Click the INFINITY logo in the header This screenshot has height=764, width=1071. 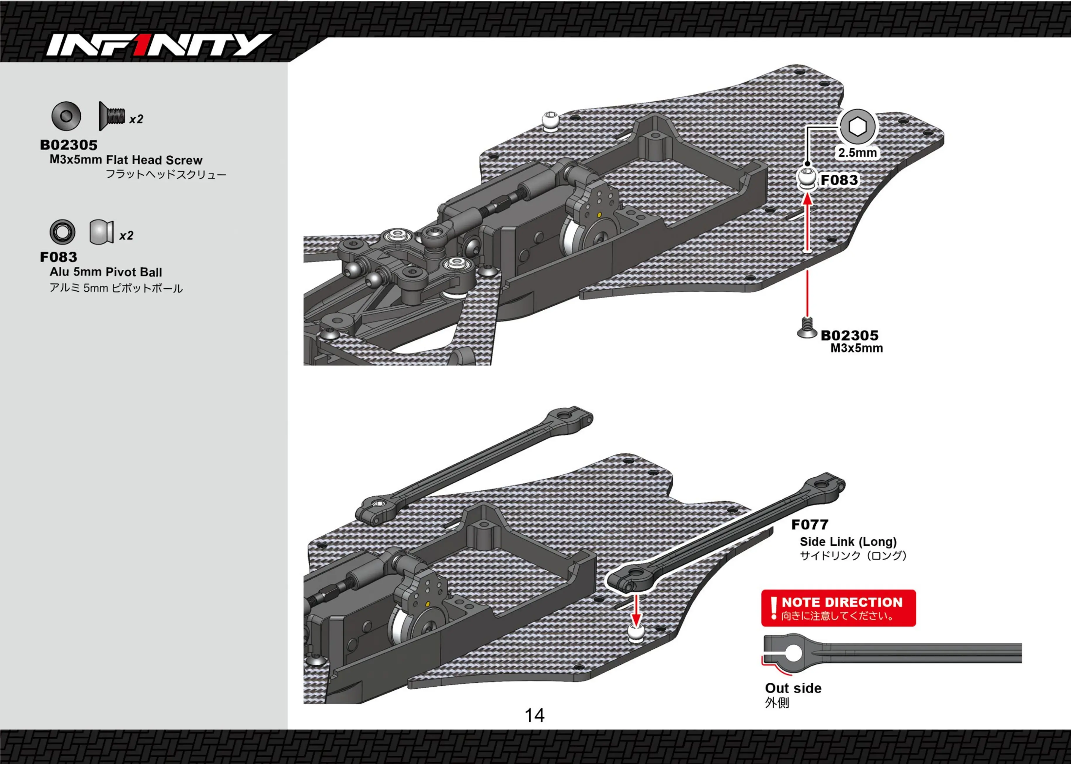(x=159, y=45)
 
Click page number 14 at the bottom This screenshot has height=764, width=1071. (x=534, y=716)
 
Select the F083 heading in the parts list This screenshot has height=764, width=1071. (x=59, y=257)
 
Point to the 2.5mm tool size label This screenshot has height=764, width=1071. (x=858, y=153)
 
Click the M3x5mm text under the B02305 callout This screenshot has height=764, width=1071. (x=857, y=348)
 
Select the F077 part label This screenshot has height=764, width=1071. (x=810, y=524)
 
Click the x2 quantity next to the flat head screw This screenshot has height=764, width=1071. (x=136, y=119)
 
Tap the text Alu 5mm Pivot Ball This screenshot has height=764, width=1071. (x=106, y=272)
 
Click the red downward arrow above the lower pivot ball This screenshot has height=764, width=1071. (x=636, y=610)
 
